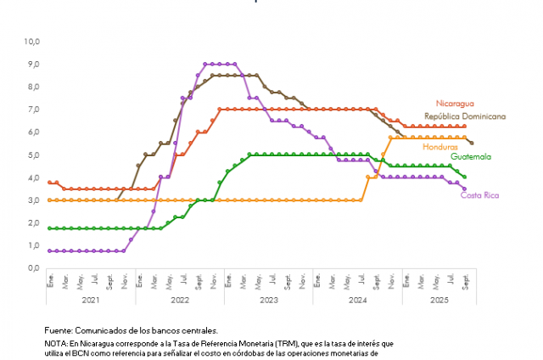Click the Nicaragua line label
click(456, 104)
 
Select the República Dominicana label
click(466, 116)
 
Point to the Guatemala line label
click(471, 157)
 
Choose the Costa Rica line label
click(479, 195)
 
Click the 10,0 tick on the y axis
click(33, 41)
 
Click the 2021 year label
click(91, 300)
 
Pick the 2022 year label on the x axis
click(179, 300)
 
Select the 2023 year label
click(269, 300)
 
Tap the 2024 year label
click(357, 300)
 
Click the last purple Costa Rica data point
click(464, 188)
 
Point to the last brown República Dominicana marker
click(472, 143)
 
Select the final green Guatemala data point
click(464, 177)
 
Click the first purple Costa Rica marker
click(50, 250)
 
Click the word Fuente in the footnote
click(59, 329)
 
